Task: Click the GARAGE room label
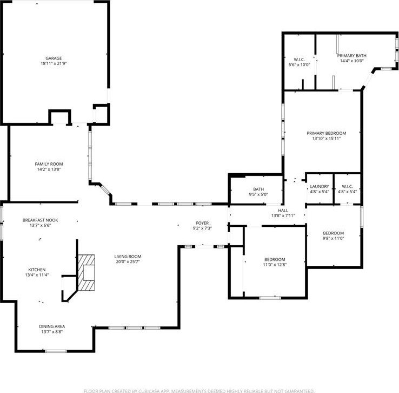click(54, 58)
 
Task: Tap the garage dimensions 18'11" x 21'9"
click(54, 64)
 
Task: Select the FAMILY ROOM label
click(49, 164)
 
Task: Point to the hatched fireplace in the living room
click(86, 272)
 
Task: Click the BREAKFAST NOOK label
click(40, 220)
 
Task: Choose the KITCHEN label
click(37, 270)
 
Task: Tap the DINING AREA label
click(52, 326)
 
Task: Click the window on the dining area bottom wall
click(56, 351)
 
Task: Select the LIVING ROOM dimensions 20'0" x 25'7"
click(128, 261)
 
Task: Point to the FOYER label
click(202, 223)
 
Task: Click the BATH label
click(258, 189)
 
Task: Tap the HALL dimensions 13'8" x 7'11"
click(283, 216)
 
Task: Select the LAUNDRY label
click(320, 186)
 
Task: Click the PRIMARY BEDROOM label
click(326, 133)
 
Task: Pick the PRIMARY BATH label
click(351, 56)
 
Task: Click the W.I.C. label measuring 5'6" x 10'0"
click(300, 60)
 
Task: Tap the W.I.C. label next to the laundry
click(347, 186)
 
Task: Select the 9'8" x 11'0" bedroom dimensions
click(334, 239)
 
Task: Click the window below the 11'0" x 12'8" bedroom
click(270, 298)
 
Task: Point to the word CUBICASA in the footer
click(148, 391)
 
